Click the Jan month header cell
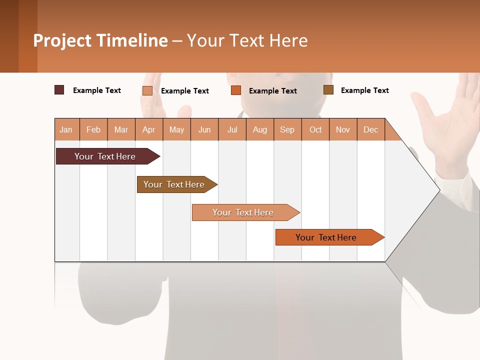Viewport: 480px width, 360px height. pos(66,129)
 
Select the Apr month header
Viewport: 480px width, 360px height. pos(149,129)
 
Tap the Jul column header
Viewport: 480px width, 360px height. pos(232,129)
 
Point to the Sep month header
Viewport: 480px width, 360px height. pos(287,129)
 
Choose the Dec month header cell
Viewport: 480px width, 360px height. pos(370,129)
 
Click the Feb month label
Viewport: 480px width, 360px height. pos(93,129)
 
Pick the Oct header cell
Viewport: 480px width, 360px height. pos(315,129)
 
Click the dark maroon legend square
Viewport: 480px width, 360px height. pos(59,90)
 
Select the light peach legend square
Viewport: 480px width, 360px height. pos(147,90)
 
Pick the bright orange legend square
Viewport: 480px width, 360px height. pos(236,90)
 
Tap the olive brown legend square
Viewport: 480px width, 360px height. pos(328,90)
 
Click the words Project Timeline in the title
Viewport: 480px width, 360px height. pos(100,40)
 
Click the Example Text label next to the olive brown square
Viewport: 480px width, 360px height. pos(364,90)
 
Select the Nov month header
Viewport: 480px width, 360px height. pos(343,129)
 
